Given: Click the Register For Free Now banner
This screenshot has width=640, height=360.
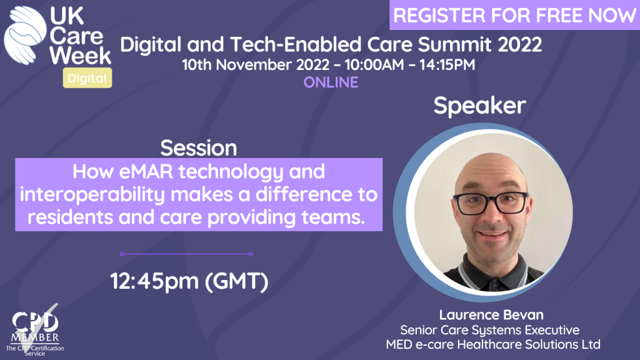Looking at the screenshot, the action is click(514, 15).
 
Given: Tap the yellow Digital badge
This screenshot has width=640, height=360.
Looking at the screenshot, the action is click(87, 78).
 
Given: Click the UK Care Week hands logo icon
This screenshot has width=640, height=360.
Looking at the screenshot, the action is click(24, 36).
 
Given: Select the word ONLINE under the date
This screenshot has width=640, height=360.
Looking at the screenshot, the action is click(331, 82).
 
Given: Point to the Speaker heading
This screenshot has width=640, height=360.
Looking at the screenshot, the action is click(479, 106).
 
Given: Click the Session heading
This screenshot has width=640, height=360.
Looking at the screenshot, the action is click(198, 147).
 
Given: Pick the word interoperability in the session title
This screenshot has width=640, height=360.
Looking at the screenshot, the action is click(92, 195).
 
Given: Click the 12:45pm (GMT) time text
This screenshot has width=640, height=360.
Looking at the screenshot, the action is click(189, 281).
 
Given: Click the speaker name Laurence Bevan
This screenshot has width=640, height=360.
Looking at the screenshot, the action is click(491, 315).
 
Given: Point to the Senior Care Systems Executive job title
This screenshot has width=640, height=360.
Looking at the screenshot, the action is click(490, 330).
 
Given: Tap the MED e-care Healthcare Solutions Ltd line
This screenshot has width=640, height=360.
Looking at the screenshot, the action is click(493, 344).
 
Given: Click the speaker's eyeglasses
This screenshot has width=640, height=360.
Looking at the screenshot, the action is click(491, 203).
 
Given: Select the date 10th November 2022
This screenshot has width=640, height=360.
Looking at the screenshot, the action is click(256, 64).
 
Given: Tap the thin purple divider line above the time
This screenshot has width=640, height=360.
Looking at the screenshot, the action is click(186, 254).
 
